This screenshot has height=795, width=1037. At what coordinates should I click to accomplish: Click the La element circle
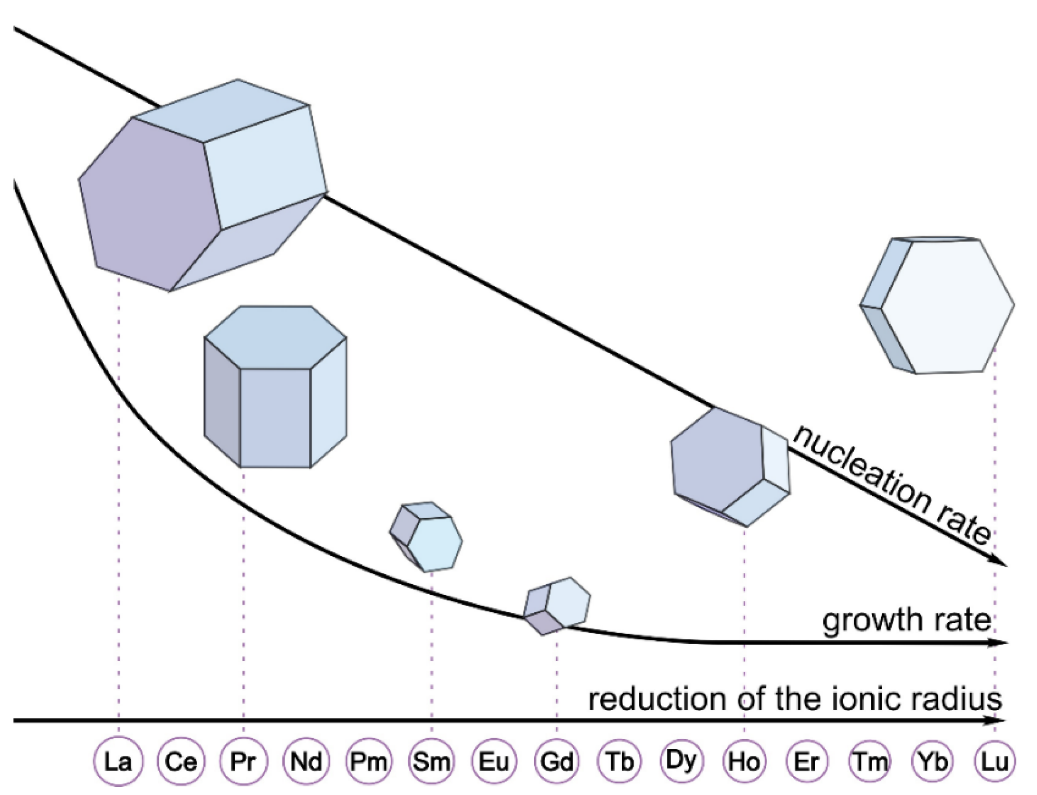point(119,761)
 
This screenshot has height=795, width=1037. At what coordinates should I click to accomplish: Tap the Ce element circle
point(181,761)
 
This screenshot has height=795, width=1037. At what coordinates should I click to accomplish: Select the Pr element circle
point(243,761)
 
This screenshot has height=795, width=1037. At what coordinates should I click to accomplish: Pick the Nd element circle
point(306,761)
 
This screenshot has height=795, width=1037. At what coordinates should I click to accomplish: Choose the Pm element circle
point(369,761)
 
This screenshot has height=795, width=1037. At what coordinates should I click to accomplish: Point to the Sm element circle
point(431,761)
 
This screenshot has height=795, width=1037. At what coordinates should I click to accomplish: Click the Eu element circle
point(494,761)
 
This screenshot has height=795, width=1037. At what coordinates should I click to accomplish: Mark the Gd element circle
point(557,761)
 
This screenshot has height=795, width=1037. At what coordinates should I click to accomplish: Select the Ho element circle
point(744,761)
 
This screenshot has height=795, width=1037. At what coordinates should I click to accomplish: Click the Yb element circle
point(932,761)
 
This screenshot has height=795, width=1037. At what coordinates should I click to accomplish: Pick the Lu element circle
point(995,761)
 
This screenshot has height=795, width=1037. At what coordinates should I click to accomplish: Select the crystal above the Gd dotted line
point(558,606)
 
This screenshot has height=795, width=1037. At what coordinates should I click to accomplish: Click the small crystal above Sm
point(426,536)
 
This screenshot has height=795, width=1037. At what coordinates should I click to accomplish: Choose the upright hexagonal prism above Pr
point(275,387)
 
